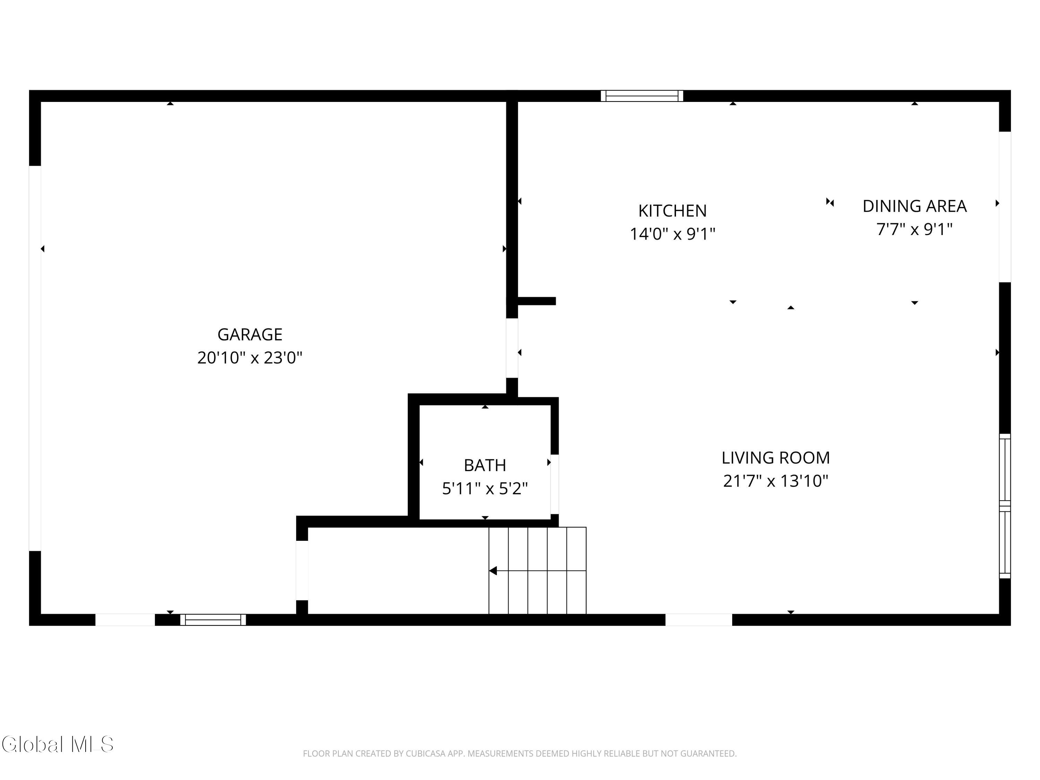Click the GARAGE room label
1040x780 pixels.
pos(250,334)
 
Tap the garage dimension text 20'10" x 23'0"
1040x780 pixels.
pos(250,358)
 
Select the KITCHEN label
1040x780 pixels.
pos(672,211)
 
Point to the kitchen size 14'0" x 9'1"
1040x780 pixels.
pos(672,234)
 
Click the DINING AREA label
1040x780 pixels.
pos(915,206)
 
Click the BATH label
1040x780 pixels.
pos(485,465)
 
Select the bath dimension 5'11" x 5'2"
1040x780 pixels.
pos(485,488)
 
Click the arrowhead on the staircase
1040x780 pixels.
pos(493,571)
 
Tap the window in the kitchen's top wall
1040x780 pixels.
pos(642,96)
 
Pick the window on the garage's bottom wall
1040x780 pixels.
pos(213,620)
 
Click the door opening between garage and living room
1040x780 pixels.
pos(512,348)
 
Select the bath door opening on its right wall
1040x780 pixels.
pos(555,484)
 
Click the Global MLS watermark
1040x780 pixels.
pos(57,744)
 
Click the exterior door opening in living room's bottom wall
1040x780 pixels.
pos(699,620)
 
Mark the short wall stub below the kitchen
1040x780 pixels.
pos(536,301)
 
